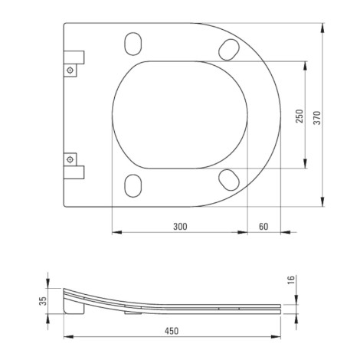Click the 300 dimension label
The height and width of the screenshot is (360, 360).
[180, 227]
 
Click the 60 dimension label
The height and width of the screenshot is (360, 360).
[263, 227]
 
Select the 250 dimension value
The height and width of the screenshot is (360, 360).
[299, 116]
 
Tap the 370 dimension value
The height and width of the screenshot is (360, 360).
[317, 118]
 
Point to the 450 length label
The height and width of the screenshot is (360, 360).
[172, 331]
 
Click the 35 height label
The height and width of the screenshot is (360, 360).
[43, 301]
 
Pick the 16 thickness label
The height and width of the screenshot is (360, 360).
[291, 280]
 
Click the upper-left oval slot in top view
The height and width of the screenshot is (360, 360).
[133, 44]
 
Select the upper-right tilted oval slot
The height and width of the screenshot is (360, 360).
[229, 50]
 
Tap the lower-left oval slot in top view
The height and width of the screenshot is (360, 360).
[133, 186]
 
